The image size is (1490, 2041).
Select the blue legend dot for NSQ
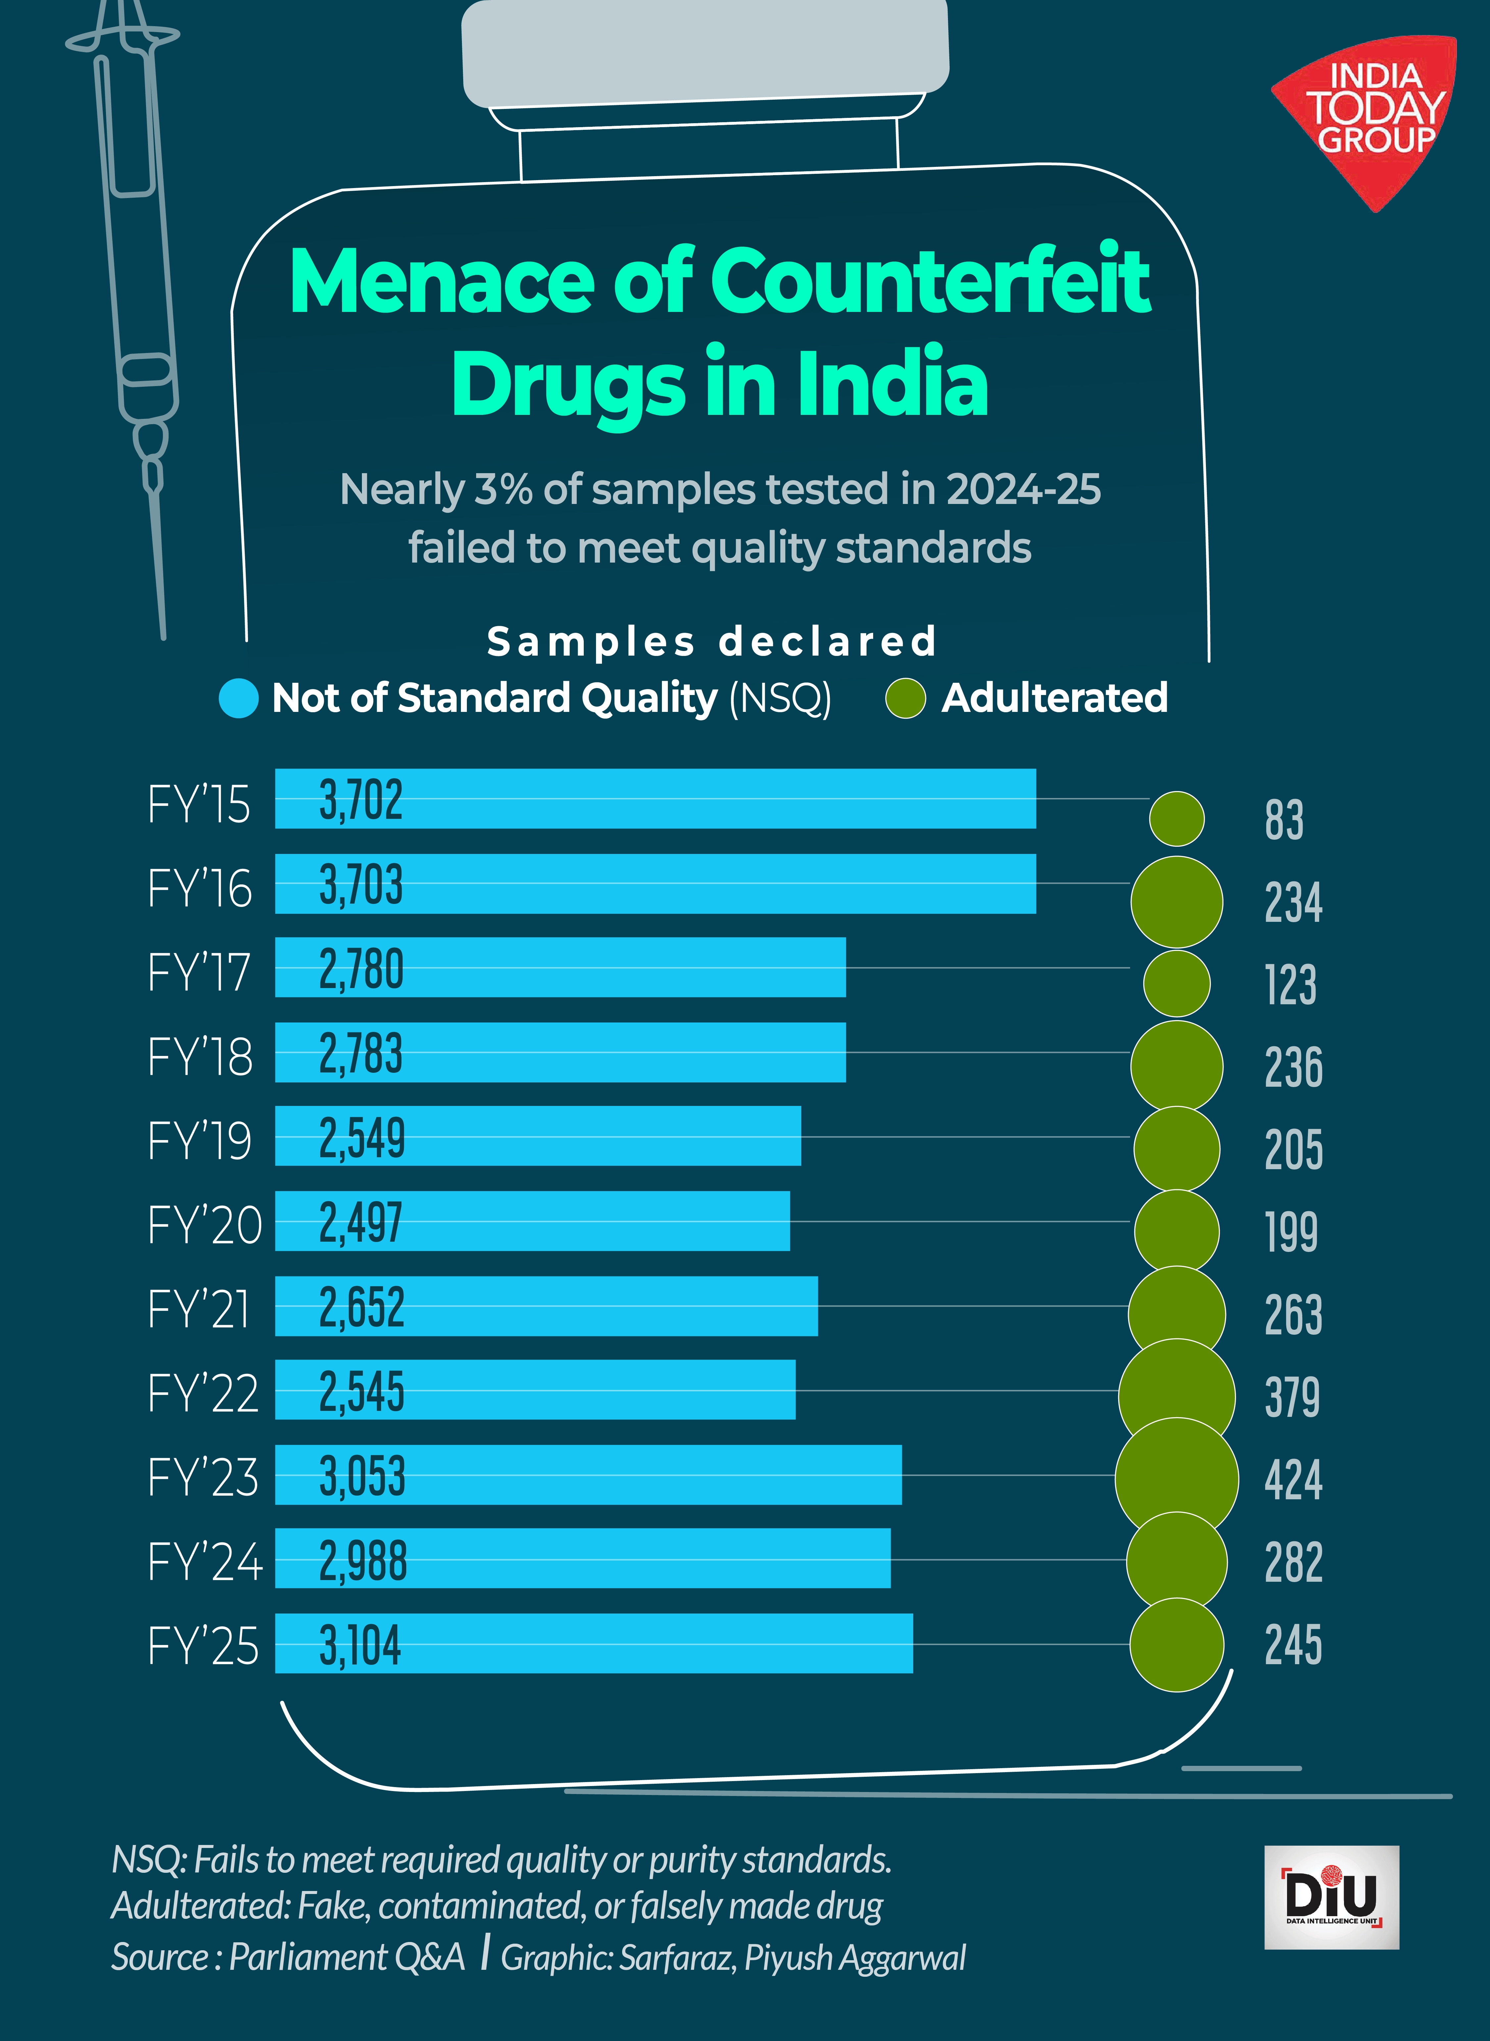click(x=239, y=698)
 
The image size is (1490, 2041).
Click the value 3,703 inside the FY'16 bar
click(x=361, y=885)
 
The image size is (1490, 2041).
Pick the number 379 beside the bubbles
click(x=1292, y=1397)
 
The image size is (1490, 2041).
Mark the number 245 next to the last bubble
click(x=1292, y=1644)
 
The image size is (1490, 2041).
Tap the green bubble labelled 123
click(x=1176, y=983)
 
